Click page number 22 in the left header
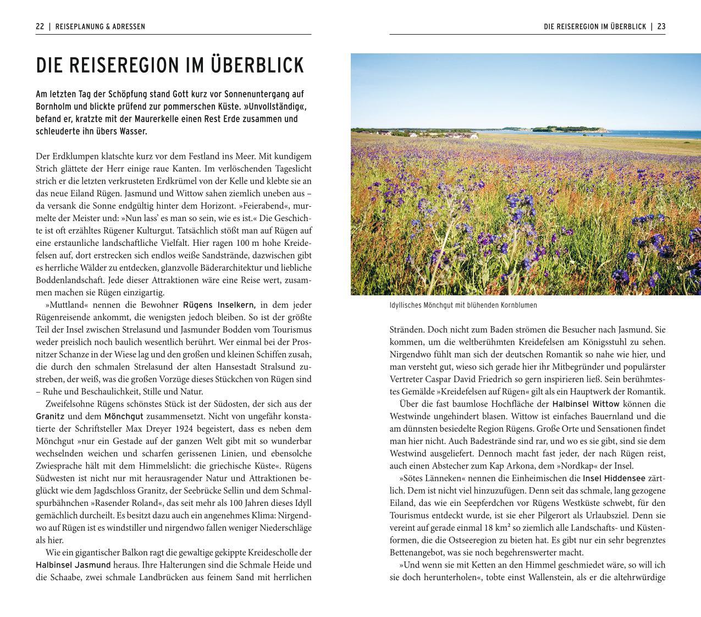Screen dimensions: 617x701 (40, 26)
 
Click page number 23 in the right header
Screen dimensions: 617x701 (661, 26)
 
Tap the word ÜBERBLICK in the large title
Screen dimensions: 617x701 (257, 65)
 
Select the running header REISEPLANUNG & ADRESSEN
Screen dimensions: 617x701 (100, 26)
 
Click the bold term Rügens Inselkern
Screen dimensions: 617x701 (219, 305)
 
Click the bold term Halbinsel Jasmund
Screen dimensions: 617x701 (73, 565)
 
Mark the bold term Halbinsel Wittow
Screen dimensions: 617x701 (586, 404)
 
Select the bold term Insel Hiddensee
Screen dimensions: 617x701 (614, 478)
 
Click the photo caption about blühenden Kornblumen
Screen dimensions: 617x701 (463, 305)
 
